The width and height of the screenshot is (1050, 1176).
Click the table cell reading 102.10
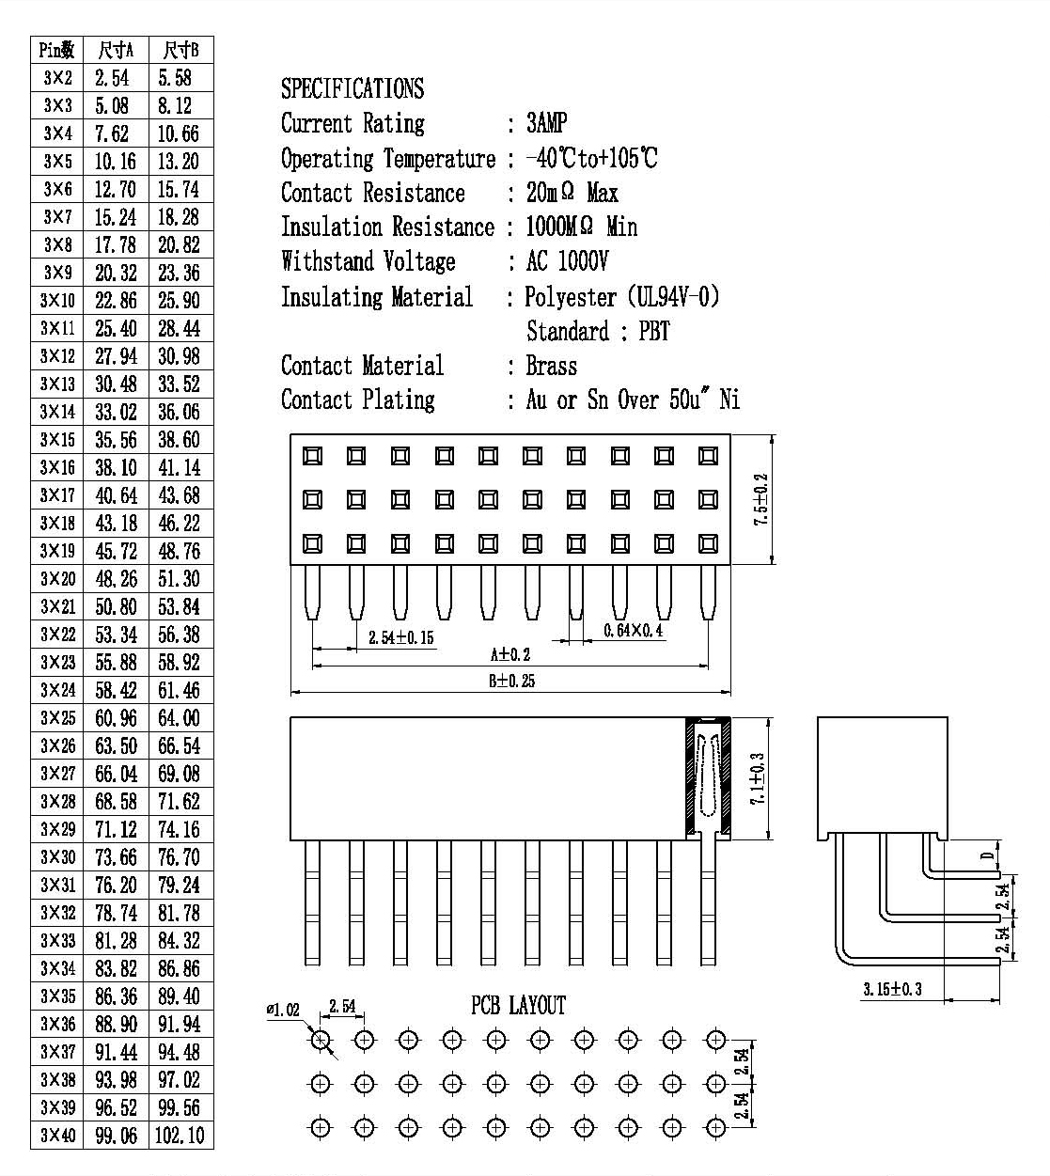click(180, 1135)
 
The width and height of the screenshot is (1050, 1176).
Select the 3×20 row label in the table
click(57, 579)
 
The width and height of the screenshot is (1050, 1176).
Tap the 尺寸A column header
click(116, 50)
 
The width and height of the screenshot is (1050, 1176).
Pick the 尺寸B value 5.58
click(175, 78)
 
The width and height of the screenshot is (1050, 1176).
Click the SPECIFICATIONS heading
click(353, 88)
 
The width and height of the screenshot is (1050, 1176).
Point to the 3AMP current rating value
click(546, 123)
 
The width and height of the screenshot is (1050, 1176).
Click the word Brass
click(551, 366)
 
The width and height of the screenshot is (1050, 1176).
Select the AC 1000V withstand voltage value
click(567, 261)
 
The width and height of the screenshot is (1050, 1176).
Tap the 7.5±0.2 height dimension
click(761, 499)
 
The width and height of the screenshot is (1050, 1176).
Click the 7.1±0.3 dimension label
click(758, 778)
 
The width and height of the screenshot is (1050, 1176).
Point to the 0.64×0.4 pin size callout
click(633, 630)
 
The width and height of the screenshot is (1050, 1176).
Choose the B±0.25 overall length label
click(511, 681)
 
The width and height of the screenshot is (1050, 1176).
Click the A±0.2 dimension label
click(510, 655)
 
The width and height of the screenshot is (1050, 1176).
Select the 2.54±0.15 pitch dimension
click(401, 637)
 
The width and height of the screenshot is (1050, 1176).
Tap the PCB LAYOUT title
click(518, 1006)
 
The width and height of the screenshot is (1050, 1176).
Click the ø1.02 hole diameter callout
click(283, 1010)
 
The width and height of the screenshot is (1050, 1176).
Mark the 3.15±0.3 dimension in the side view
click(893, 989)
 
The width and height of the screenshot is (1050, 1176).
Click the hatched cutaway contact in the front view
click(708, 778)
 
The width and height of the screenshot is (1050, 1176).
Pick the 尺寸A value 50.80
click(116, 606)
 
